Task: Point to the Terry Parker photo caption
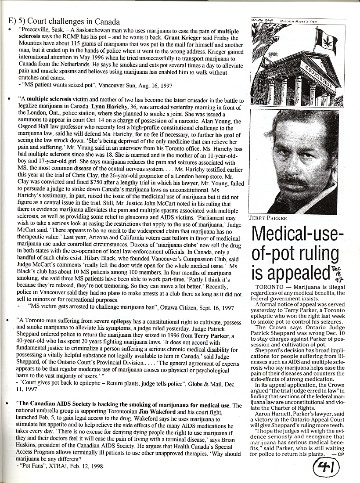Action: click(268, 218)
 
